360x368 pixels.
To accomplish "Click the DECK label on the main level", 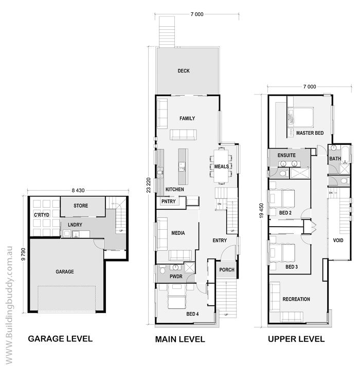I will (x=184, y=71).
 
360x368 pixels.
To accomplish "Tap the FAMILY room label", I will (x=187, y=118).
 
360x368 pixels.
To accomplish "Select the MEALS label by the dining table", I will (x=222, y=167).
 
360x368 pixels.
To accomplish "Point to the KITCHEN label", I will (x=175, y=190).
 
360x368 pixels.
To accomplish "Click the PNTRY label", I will (x=168, y=201).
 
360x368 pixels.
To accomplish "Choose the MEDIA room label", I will (x=178, y=233).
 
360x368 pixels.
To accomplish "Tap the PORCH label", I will (x=227, y=270).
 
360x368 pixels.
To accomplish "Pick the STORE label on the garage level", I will (x=80, y=206).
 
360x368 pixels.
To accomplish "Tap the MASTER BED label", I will (x=310, y=133).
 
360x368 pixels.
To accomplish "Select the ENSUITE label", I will (x=286, y=155).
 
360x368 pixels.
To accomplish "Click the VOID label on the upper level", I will (x=338, y=240).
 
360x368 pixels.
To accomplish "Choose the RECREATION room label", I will (x=296, y=299).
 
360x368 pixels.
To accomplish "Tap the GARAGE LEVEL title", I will (x=60, y=339).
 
